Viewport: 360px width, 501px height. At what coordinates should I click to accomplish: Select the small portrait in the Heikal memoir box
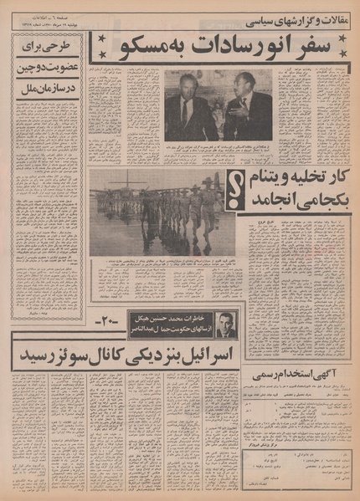(224, 323)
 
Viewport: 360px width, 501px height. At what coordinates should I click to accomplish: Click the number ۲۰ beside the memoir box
(109, 321)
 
